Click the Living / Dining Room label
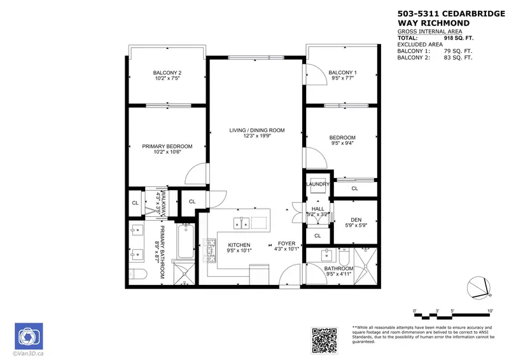point(256,130)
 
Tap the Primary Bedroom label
point(167,146)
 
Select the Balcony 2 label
point(167,73)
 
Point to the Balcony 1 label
point(342,73)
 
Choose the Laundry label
point(317,184)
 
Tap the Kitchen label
point(239,245)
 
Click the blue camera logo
point(28,335)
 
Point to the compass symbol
point(478,288)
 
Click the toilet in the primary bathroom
point(137,275)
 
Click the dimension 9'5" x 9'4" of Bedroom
point(342,144)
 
